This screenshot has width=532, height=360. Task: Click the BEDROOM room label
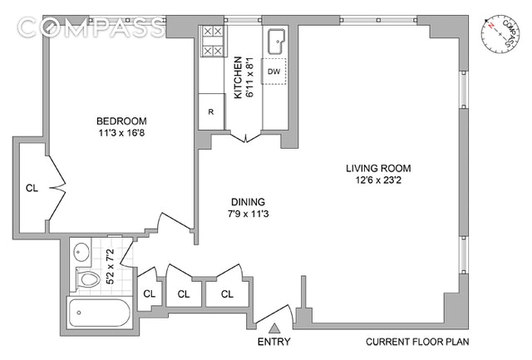121,121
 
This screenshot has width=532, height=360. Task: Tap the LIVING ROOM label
378,168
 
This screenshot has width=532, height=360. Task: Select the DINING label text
248,202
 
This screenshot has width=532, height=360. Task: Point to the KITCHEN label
239,77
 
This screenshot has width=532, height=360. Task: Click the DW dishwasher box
273,72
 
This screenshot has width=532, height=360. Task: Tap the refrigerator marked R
211,111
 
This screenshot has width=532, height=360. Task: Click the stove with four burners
213,42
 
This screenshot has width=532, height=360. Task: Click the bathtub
99,312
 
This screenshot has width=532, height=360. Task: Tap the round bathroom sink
81,252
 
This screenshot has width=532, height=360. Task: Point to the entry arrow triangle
274,328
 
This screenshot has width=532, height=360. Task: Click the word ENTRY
273,342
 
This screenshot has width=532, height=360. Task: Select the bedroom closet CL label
32,188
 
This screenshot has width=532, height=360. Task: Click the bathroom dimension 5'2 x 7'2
111,266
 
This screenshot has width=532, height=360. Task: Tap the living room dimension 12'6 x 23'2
378,180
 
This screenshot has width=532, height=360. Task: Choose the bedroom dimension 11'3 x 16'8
121,133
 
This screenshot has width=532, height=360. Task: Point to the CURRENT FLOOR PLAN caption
417,342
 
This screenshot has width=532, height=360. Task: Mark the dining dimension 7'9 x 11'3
248,214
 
